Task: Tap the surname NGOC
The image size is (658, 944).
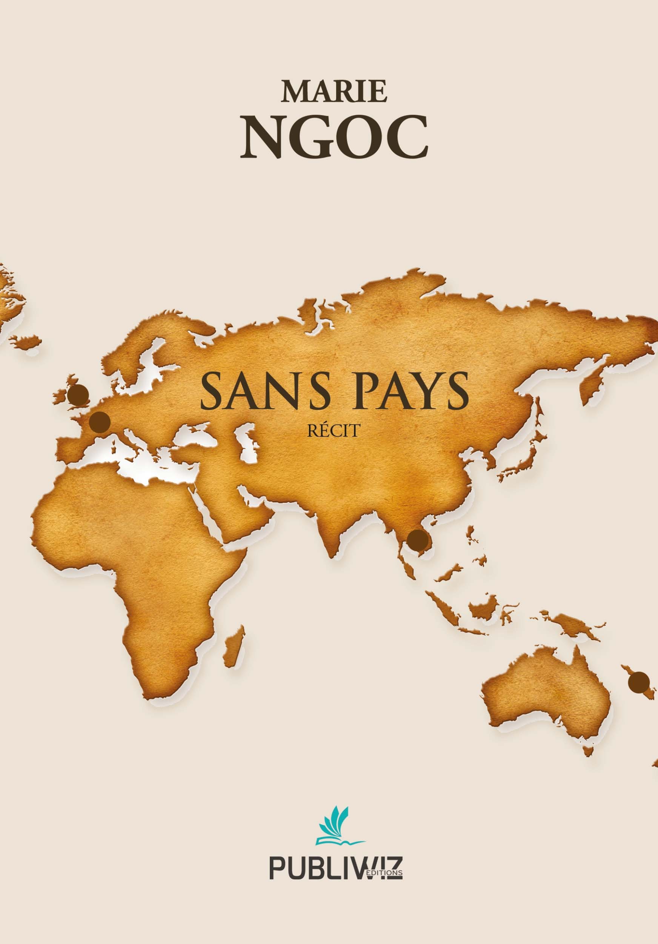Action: [334, 137]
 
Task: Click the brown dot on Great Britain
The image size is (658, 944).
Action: [78, 395]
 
